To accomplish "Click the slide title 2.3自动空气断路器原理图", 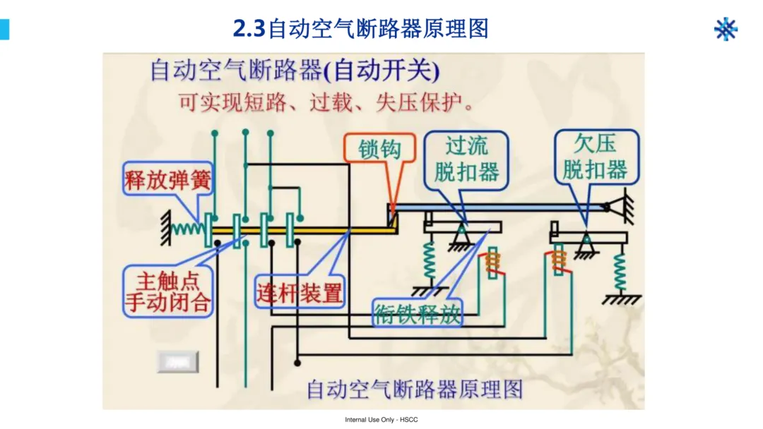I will tap(360, 29).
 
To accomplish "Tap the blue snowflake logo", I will tap(726, 29).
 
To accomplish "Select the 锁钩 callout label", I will tap(380, 149).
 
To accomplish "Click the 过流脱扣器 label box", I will tap(466, 159).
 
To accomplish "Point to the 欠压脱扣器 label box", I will tap(596, 157).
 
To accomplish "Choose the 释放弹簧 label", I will tap(167, 180).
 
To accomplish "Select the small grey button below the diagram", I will tap(177, 362).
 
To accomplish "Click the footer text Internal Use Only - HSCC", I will tap(381, 420).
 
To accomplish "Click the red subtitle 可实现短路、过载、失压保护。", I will tap(325, 103).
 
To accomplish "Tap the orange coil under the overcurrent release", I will tap(493, 261).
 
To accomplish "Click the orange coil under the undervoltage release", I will tap(559, 260).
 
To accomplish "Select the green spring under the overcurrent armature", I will tap(429, 261).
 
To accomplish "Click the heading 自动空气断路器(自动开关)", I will tap(295, 71).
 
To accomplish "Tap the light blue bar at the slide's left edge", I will tap(4, 29).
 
